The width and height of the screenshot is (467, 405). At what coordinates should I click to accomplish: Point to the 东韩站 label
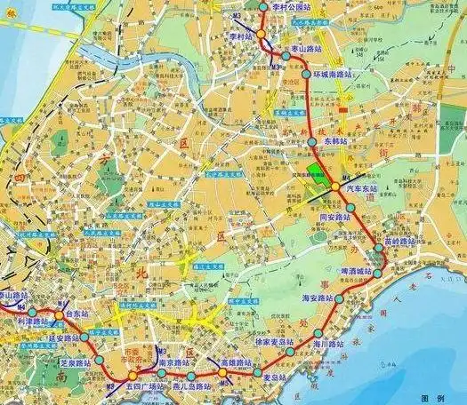335,141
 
